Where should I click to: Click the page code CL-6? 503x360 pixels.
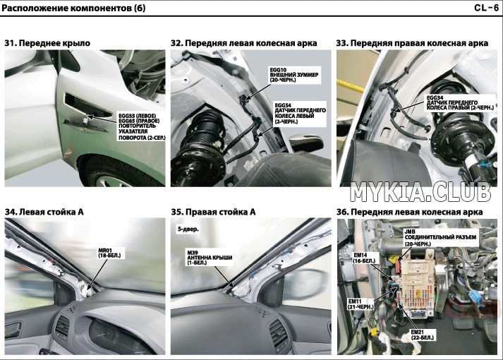tap(486, 8)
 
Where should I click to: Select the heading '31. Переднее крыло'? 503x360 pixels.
tap(47, 43)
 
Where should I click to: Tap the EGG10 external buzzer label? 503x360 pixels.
tap(294, 75)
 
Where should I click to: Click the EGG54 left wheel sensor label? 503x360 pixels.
tap(300, 113)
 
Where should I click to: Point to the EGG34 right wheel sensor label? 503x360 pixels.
tap(460, 102)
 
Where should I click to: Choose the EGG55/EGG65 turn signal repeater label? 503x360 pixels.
tap(142, 126)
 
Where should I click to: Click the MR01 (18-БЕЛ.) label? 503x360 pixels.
tap(110, 253)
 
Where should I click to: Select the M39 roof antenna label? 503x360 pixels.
tap(210, 258)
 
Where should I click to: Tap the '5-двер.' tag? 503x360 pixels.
tap(188, 229)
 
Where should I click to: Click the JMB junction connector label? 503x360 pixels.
tap(440, 238)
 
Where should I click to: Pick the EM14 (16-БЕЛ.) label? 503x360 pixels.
tap(364, 258)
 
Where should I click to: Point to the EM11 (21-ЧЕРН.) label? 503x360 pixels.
tap(361, 304)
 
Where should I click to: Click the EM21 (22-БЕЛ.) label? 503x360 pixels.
tap(422, 335)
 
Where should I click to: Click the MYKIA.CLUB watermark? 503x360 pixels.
tap(420, 192)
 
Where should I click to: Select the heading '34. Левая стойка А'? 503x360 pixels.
tap(44, 212)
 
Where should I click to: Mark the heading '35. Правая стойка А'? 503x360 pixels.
tap(213, 212)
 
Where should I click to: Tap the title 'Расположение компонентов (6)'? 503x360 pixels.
tap(73, 8)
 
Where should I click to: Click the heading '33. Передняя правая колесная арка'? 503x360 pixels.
tap(412, 43)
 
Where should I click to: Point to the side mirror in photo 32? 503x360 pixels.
tap(305, 143)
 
